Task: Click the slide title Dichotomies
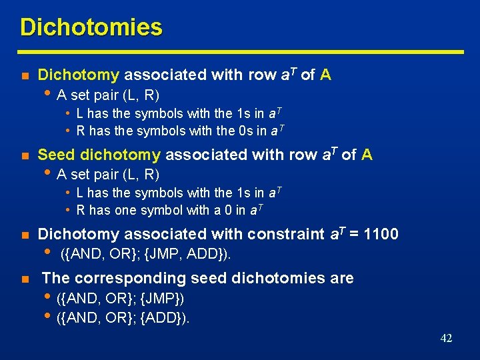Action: click(91, 27)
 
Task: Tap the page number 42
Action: click(446, 338)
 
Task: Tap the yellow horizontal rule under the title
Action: click(240, 51)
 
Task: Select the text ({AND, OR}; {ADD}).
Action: click(123, 317)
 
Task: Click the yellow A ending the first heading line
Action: click(325, 75)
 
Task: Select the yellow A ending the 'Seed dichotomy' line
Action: click(367, 155)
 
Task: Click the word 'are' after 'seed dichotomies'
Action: click(341, 278)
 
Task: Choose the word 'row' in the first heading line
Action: click(263, 75)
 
